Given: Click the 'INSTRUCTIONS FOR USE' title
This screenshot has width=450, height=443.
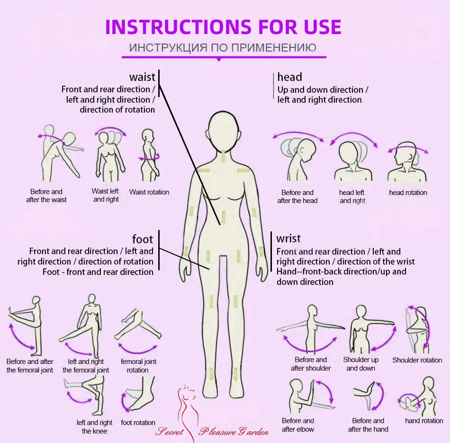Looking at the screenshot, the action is [223, 27].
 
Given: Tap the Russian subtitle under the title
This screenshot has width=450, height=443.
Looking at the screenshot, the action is [223, 48].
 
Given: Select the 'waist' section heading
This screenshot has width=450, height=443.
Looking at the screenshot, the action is [142, 77].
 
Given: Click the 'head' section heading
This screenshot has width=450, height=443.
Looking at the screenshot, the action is [289, 77].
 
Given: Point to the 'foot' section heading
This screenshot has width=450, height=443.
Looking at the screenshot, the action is [143, 239].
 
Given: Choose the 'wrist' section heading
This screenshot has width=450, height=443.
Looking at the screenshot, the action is [288, 238].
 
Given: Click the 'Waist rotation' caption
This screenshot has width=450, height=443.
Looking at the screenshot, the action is [149, 192].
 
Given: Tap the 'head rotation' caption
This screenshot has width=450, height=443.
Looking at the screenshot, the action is [408, 193].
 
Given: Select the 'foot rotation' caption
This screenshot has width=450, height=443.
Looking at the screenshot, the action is [138, 422].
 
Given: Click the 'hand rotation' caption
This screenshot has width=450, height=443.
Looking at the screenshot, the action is [424, 421].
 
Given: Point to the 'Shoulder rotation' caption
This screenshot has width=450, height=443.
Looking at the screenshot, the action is [417, 360].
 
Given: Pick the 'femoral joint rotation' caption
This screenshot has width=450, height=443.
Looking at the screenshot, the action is [138, 365].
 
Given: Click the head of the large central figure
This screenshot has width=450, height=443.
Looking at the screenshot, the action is [224, 131].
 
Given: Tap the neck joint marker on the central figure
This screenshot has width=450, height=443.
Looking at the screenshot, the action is [224, 156].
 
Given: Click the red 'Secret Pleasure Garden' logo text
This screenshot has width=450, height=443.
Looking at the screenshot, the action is [212, 432].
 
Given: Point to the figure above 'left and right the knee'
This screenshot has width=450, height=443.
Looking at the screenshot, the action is [86, 396].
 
